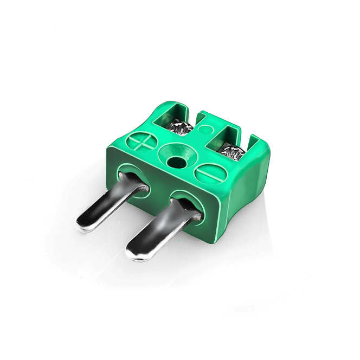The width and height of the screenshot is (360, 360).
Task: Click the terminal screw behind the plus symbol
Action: tap(179, 129)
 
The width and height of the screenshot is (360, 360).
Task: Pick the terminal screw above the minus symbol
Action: tap(233, 151)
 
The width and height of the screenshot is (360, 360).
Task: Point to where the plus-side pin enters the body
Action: tap(133, 182)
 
